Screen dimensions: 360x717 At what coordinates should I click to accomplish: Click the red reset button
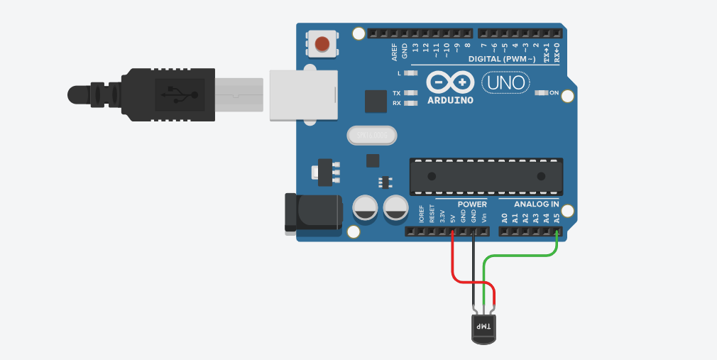(322, 44)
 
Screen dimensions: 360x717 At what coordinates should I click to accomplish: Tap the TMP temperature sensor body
(483, 328)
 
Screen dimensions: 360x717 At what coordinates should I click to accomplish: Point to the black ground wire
(474, 270)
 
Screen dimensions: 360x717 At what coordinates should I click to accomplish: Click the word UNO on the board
(505, 84)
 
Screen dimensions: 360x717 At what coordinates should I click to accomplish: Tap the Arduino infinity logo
(450, 83)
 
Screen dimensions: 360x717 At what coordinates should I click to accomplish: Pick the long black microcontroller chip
(486, 175)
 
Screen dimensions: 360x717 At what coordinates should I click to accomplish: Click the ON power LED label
(554, 93)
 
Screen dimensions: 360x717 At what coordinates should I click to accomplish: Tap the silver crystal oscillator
(371, 134)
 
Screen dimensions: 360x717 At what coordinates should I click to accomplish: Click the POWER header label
(472, 204)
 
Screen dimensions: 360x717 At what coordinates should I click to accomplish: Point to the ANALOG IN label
(536, 204)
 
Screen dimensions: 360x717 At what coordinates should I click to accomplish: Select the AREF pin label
(395, 51)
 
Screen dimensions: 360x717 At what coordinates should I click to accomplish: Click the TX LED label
(396, 93)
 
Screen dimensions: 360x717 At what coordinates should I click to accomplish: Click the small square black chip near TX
(376, 102)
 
